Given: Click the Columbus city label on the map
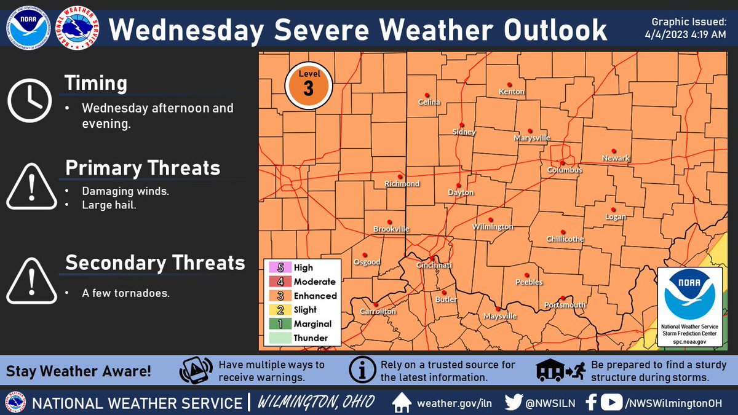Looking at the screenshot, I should [565, 170].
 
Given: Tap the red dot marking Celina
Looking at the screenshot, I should [427, 95].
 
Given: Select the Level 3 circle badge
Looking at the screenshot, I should [308, 85].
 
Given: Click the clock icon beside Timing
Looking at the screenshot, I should [29, 100].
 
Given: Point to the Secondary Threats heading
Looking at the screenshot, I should [155, 263].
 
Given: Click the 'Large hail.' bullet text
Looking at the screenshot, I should [109, 205].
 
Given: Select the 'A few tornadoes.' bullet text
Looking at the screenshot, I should [125, 293].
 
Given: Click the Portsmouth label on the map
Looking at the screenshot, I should [565, 305].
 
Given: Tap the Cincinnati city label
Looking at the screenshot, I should [434, 266].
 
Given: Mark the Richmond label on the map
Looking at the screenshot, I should [402, 184].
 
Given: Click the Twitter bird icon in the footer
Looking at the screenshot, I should [514, 403].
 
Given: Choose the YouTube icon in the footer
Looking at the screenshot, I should [611, 403].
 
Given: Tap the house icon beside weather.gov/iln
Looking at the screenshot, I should [402, 403].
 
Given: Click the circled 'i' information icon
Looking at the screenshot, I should [362, 370].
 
